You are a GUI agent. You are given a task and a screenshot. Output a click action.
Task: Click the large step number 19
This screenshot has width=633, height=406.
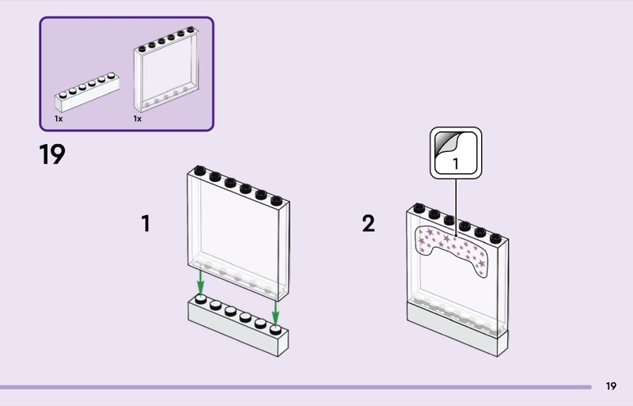coord(52,154)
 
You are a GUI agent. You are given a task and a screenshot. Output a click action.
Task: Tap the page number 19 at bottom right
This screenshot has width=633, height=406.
coord(611,386)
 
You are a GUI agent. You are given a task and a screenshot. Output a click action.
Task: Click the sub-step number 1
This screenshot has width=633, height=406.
coord(146,224)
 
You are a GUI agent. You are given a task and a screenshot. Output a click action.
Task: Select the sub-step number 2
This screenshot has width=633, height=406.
coord(368,224)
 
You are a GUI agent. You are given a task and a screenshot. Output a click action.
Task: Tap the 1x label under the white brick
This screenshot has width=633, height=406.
coord(59,119)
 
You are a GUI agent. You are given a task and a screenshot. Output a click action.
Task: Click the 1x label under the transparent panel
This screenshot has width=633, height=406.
coord(137,119)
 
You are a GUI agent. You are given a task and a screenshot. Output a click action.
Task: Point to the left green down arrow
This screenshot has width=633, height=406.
coord(201,281)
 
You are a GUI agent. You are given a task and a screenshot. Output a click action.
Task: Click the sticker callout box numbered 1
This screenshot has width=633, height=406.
coord(456,151)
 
